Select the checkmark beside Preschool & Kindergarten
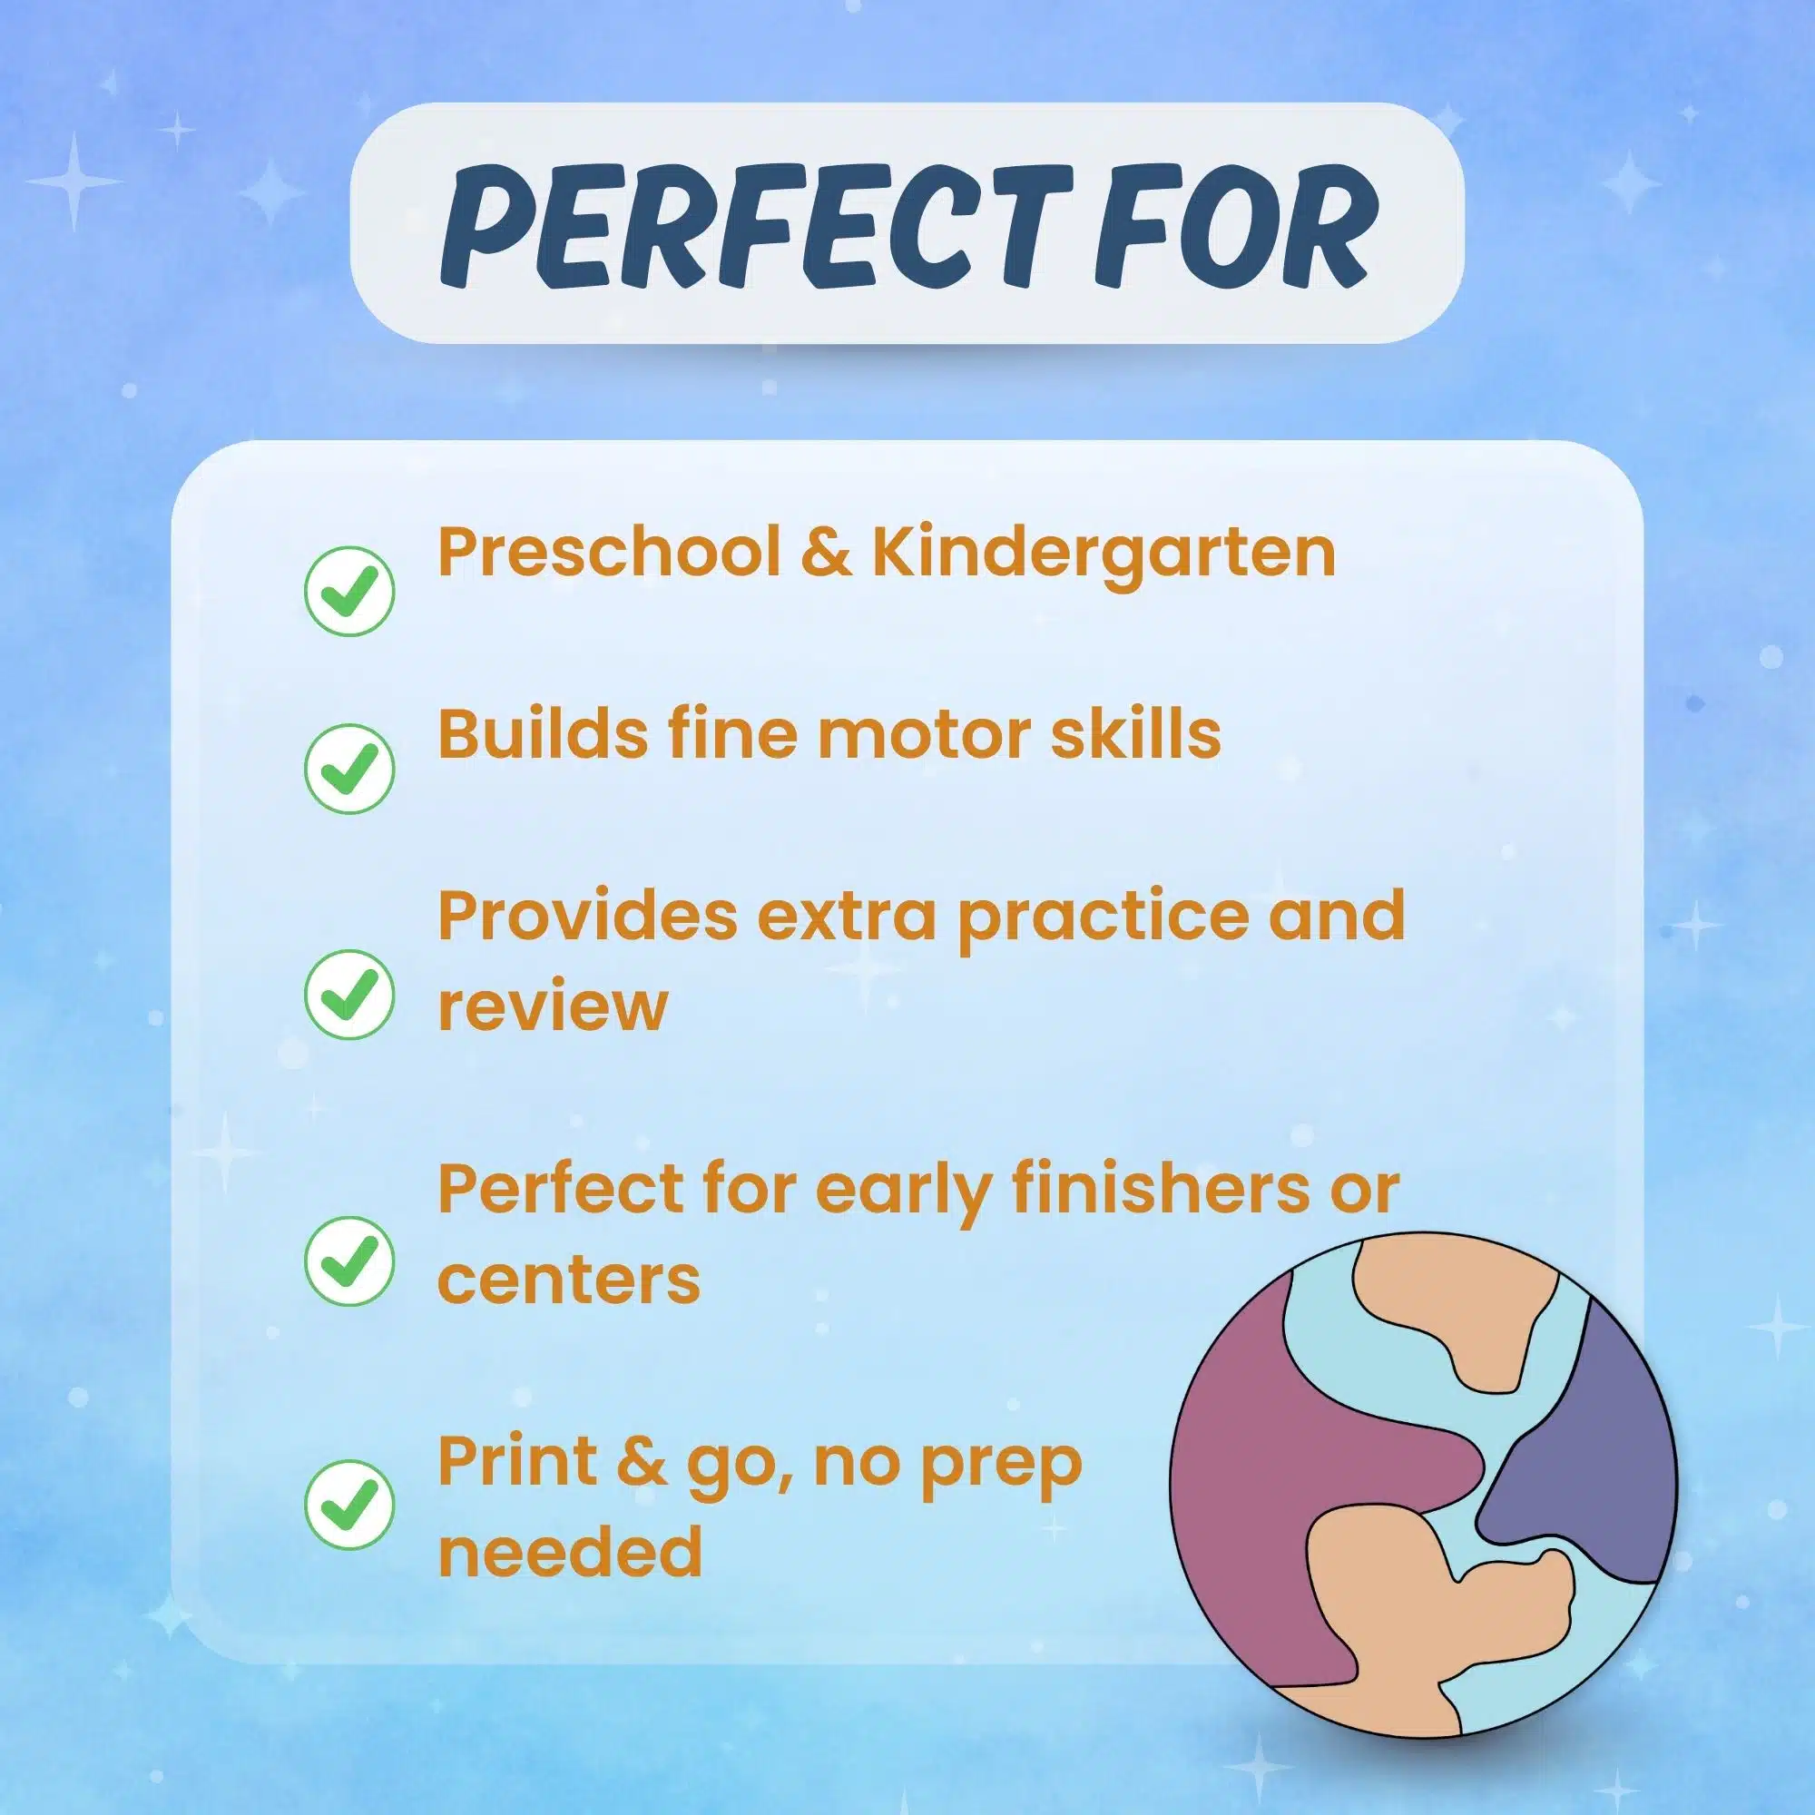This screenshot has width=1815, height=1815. pos(349,591)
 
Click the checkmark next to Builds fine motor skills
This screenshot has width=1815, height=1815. pos(349,769)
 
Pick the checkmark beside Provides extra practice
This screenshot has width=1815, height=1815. pos(349,994)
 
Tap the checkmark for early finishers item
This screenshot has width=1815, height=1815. pos(349,1261)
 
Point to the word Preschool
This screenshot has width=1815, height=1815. pos(610,554)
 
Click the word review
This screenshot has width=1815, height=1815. pos(553,1007)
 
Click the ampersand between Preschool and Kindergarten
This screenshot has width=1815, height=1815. pos(827,554)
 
